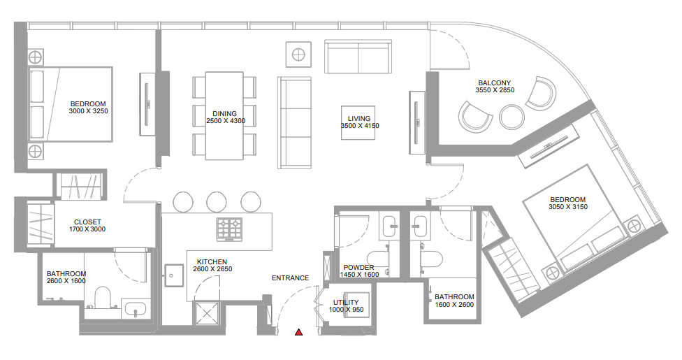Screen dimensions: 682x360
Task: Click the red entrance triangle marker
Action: pos(299,332)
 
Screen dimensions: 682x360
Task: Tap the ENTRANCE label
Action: pos(290,278)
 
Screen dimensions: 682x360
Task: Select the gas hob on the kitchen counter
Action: pos(230,229)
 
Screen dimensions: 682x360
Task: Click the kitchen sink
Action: pos(173,275)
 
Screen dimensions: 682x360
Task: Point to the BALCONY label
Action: pos(495,82)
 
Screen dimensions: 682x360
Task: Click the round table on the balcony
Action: pos(511,117)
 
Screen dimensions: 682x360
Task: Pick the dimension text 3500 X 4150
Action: pos(360,126)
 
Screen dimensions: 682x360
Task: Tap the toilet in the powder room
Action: pos(377,258)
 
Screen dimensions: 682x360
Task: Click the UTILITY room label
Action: pos(346,302)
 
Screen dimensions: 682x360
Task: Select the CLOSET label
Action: pos(87,222)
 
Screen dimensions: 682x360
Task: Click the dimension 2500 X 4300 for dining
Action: pos(226,121)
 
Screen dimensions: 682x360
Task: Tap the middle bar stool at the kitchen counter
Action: pos(217,202)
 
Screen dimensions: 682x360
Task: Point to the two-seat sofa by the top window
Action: pos(358,57)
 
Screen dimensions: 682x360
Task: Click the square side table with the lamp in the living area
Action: pos(298,55)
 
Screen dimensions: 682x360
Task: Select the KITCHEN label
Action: pos(212,261)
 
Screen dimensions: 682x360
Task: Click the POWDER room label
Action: pos(359,267)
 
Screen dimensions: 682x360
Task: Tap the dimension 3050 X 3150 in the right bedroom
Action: pos(568,207)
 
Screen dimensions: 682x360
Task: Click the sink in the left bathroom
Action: pos(136,310)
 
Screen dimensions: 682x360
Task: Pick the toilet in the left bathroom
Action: pos(103,298)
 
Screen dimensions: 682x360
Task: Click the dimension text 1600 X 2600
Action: pos(454,305)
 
